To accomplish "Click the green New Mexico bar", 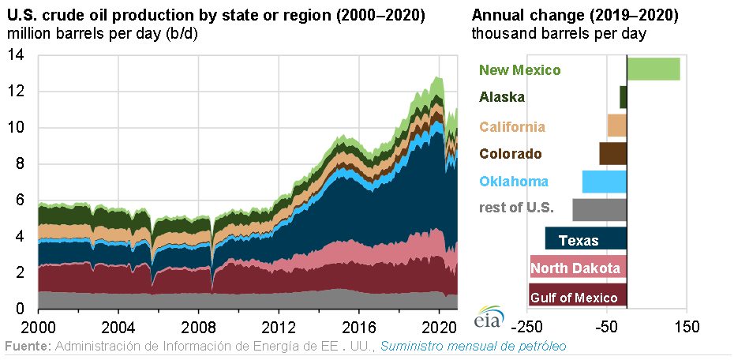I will tap(653, 69).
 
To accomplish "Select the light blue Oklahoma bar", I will tap(604, 182).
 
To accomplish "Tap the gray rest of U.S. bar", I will tap(599, 209).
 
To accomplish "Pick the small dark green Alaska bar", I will tap(623, 97).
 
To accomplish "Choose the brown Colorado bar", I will tap(612, 153).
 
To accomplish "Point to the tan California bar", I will tap(616, 126).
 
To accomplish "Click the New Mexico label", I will tap(519, 70).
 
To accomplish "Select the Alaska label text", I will tap(502, 98).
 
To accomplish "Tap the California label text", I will tap(512, 126).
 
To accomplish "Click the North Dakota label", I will tap(575, 269).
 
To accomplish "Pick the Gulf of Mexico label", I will tap(574, 298).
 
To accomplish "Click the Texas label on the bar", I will tap(579, 241).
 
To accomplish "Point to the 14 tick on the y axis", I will tap(17, 55).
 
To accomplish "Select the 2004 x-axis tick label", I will tap(118, 326).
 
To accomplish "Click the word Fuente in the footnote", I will tap(26, 347).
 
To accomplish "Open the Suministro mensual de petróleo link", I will tap(474, 347).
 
